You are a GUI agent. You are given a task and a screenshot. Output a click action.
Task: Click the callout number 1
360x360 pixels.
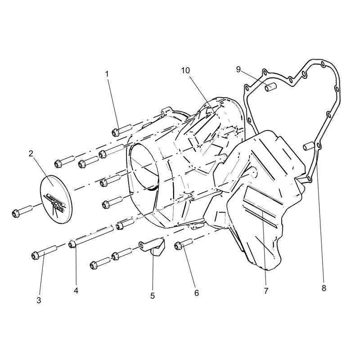coord(107,74)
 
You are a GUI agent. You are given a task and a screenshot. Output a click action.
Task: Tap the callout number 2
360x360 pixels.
coord(31,154)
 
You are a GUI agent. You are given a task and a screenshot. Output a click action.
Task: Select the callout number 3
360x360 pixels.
coord(39,300)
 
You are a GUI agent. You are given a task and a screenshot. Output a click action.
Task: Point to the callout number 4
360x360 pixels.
coord(76,291)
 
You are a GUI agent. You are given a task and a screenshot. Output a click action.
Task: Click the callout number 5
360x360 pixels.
coord(153,296)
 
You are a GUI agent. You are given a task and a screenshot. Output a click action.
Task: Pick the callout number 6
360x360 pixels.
coord(197,293)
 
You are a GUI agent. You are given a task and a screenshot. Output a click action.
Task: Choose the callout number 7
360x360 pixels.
coord(266,291)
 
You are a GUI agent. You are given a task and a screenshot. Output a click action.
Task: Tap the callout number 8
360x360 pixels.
coord(324,288)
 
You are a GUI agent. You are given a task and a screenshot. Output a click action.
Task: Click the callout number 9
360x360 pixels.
coord(238,69)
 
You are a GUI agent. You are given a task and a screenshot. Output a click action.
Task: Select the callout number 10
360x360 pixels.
coord(185,71)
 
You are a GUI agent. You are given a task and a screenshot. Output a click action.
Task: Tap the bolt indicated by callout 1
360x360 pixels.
coord(122,130)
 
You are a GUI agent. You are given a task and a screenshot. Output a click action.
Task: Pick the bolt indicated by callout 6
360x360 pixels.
coord(184,244)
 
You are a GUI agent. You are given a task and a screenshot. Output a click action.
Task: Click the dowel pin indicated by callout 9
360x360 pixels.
coord(271,87)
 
